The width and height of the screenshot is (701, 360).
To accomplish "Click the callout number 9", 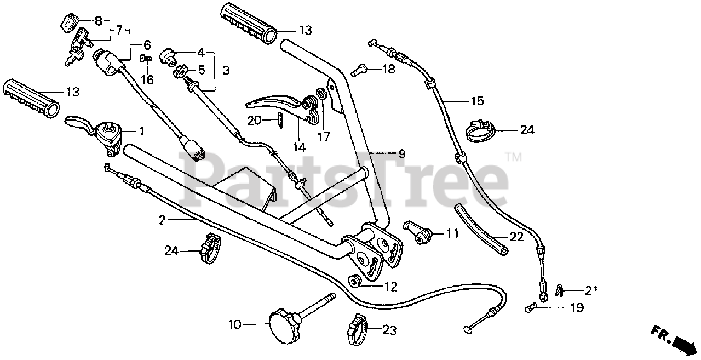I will click(x=402, y=154).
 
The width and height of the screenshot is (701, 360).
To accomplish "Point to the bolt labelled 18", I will click(x=359, y=70).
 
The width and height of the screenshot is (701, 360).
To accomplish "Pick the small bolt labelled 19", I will click(x=530, y=308).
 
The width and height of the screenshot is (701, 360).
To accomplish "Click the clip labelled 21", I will click(x=559, y=289).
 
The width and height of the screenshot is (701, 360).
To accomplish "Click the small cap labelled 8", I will click(x=67, y=22).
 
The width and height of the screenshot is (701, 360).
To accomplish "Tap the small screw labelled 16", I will click(x=146, y=58).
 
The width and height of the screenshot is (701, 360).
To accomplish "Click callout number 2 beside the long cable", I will click(x=162, y=220).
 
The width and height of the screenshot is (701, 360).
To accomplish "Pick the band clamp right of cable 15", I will click(x=481, y=129).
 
